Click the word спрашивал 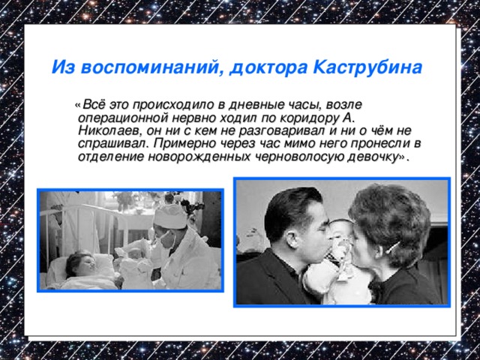[x=111, y=143]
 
